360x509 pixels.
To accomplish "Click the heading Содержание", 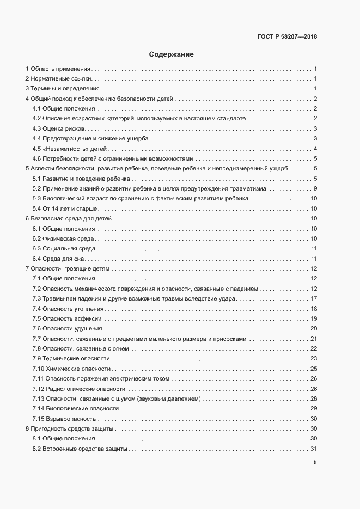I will click(172, 54).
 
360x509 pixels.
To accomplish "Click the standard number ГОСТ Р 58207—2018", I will click(287, 37).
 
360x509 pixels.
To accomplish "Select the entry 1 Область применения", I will click(58, 69).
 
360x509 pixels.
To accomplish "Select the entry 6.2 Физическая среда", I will click(64, 239).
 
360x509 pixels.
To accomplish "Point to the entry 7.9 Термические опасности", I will click(71, 359).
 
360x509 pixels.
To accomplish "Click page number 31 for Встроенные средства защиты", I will click(314, 449).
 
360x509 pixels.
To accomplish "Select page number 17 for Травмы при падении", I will click(314, 298).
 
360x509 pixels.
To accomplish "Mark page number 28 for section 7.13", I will click(314, 398).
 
